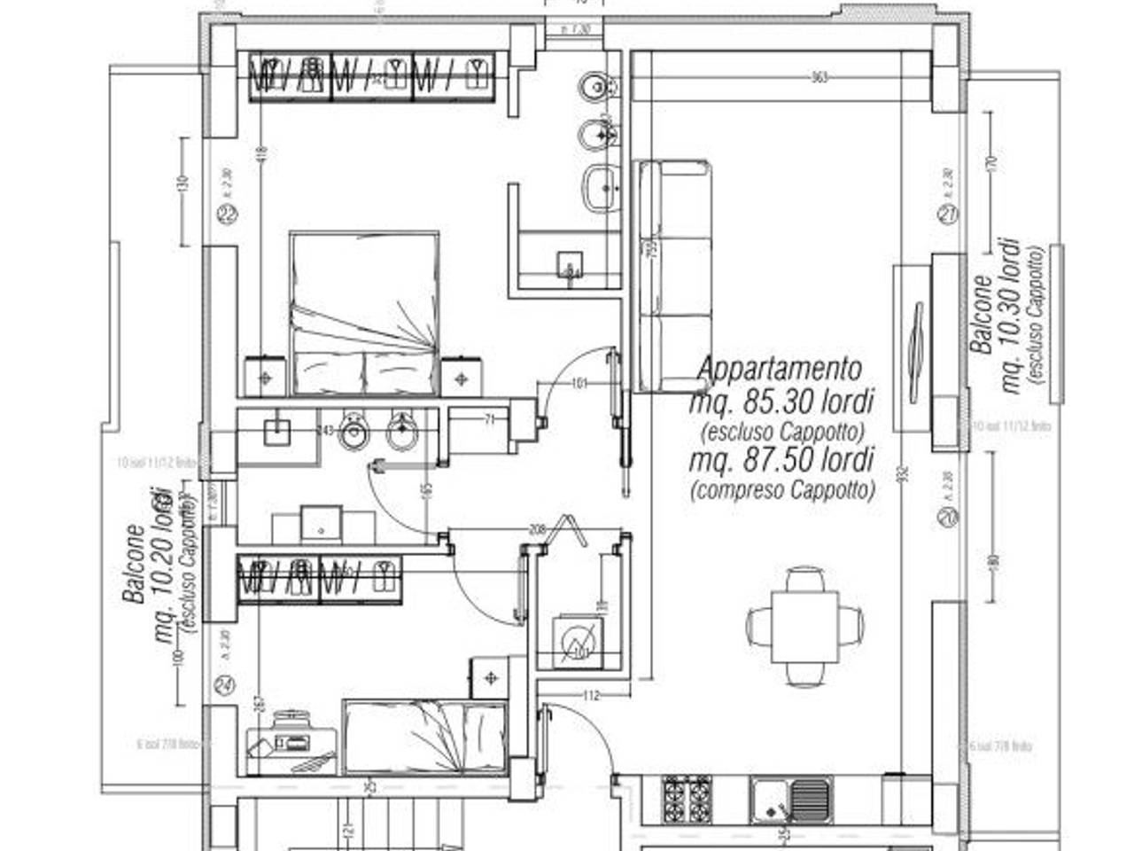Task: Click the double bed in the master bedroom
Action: click(364, 314)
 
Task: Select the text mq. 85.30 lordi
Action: click(781, 402)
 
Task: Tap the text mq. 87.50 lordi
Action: click(781, 459)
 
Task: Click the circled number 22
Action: click(229, 214)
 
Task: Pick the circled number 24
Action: click(225, 684)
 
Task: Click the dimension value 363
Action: click(819, 78)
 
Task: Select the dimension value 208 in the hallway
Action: click(537, 529)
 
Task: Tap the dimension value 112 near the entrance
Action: click(592, 695)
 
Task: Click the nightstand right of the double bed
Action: click(461, 377)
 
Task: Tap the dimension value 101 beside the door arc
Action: click(579, 384)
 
